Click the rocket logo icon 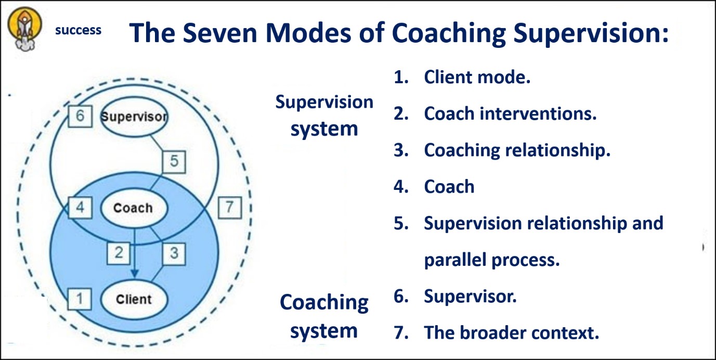(x=24, y=29)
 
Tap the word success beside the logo (x=79, y=30)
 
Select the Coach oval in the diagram (x=134, y=208)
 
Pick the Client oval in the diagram (x=134, y=299)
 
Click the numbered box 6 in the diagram (x=80, y=116)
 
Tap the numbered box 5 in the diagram (x=174, y=162)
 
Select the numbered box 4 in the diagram (x=80, y=208)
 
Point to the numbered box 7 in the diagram (x=230, y=208)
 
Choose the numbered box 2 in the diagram (x=119, y=253)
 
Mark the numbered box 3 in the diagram (x=174, y=254)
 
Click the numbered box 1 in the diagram (x=80, y=299)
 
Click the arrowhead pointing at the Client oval (x=135, y=273)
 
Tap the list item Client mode (x=462, y=78)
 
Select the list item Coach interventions (x=495, y=114)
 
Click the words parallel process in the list (x=492, y=260)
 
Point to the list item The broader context (x=497, y=333)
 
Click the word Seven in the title (x=220, y=33)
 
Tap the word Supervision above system (x=324, y=102)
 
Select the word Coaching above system (x=324, y=303)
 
